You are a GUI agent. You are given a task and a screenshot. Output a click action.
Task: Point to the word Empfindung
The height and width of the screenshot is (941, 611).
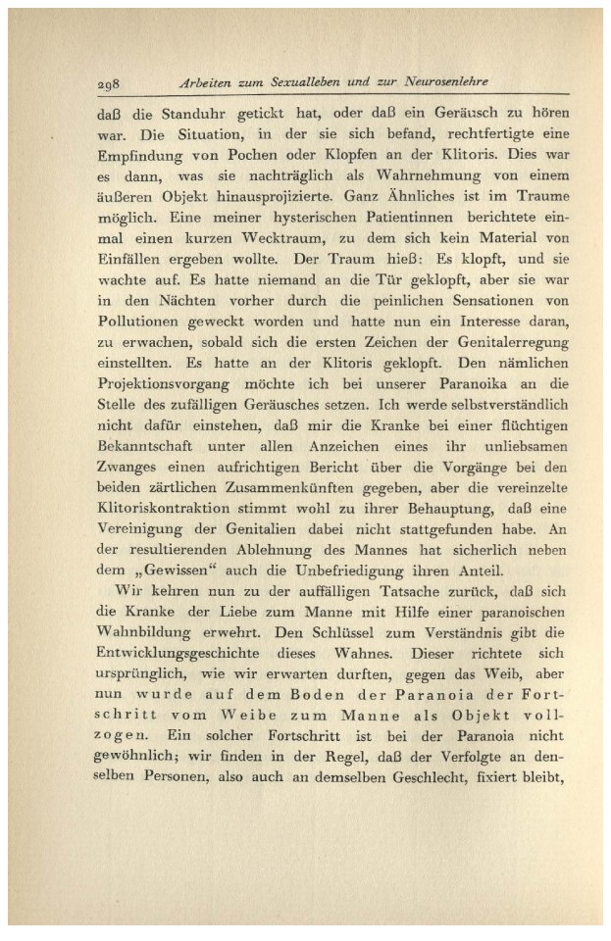[144, 155]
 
